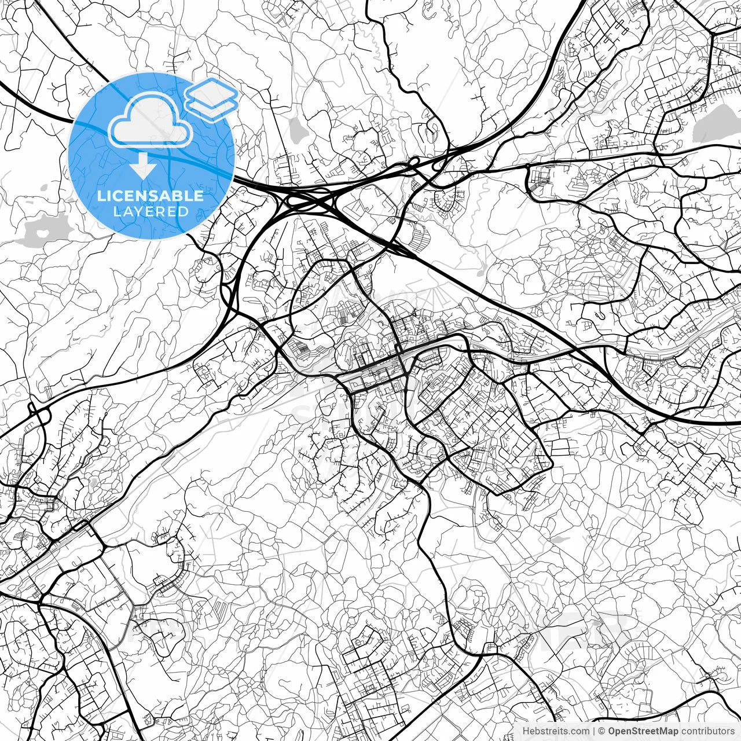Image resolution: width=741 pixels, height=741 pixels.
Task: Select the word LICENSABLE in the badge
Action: [x=151, y=196]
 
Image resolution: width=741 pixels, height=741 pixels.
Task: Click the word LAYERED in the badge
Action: [x=151, y=211]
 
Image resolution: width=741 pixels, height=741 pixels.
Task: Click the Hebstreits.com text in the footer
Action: [x=556, y=731]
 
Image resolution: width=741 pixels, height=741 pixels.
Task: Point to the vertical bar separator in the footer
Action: [x=594, y=731]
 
